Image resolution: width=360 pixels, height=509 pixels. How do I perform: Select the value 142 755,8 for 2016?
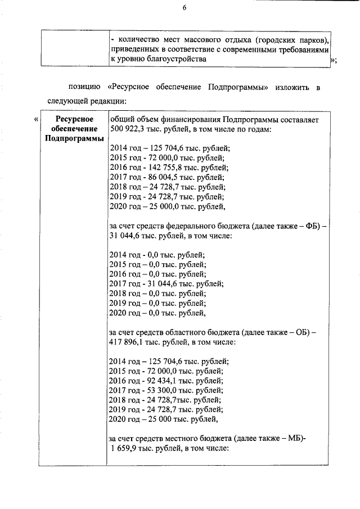[x=159, y=168]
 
